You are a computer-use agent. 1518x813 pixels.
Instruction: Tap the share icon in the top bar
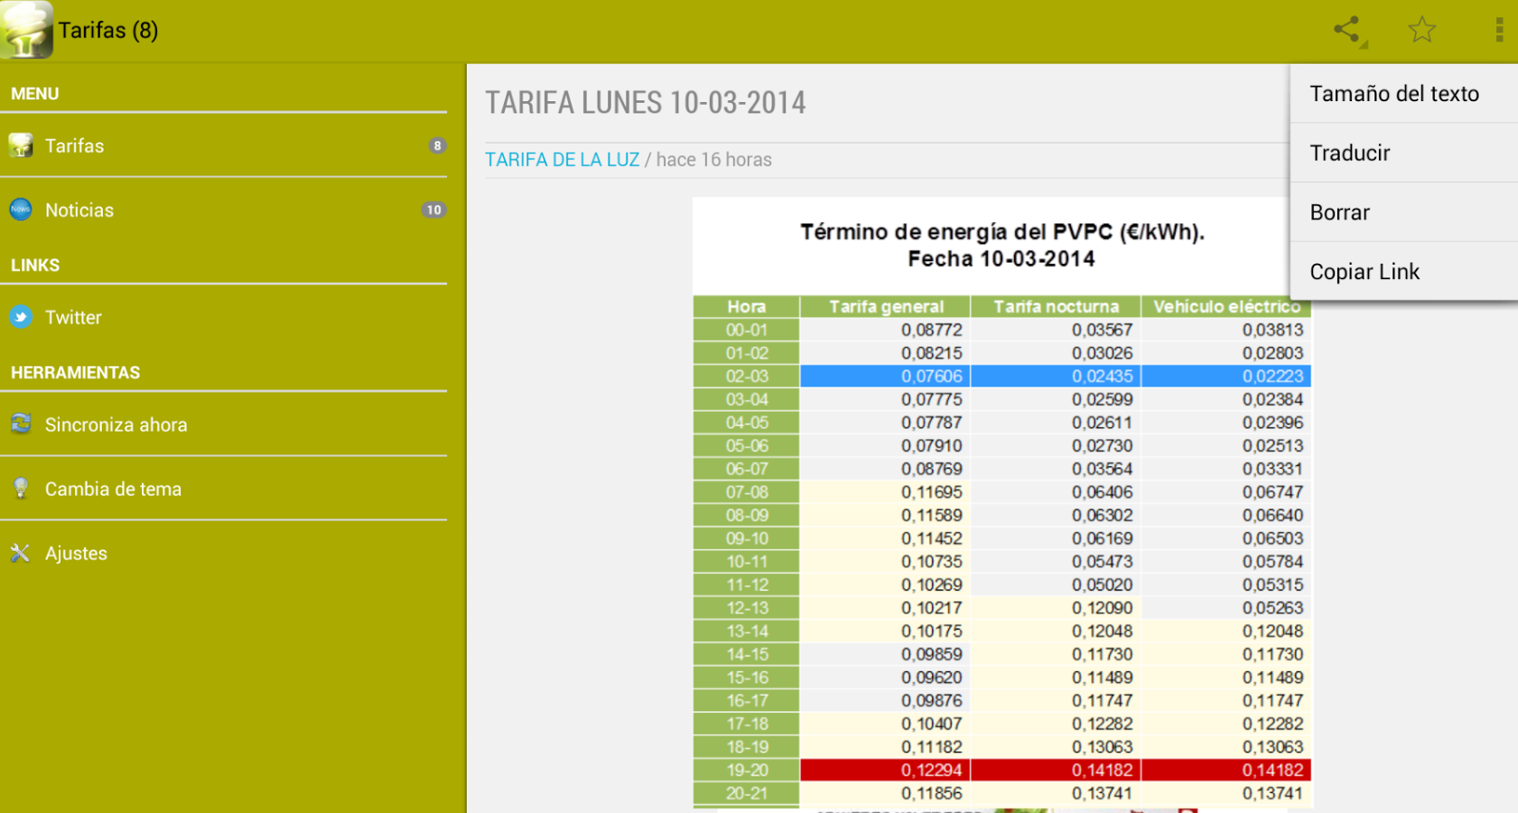(1347, 30)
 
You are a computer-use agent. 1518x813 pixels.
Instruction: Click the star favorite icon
(1421, 30)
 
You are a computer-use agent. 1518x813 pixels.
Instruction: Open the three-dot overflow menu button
(1499, 30)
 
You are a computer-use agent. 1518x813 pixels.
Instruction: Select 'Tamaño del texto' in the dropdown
(1394, 94)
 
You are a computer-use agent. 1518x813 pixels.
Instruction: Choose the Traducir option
(1349, 153)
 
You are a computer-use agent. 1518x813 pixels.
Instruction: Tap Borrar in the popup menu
(1339, 212)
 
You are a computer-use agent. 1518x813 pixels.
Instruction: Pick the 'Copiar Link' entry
(1364, 271)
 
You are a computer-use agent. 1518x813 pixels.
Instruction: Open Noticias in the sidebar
(79, 210)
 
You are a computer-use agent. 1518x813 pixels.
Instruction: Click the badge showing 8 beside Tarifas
(437, 145)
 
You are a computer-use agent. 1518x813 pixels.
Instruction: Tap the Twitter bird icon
(21, 317)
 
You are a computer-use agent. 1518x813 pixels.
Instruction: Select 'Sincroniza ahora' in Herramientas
(116, 425)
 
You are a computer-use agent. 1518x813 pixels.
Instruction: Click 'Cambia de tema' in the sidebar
(113, 489)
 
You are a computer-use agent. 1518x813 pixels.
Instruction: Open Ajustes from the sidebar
(76, 554)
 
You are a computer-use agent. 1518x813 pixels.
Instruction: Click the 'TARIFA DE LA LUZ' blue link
(562, 159)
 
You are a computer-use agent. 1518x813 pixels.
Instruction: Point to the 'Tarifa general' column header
(886, 306)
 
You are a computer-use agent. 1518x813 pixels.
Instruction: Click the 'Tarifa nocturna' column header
(1056, 306)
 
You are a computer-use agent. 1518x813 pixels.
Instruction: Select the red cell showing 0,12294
(885, 771)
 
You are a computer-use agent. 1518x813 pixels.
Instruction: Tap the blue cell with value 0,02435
(1056, 377)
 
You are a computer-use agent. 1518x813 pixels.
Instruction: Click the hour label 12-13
(746, 608)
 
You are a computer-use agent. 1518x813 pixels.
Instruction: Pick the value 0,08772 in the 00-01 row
(931, 331)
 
